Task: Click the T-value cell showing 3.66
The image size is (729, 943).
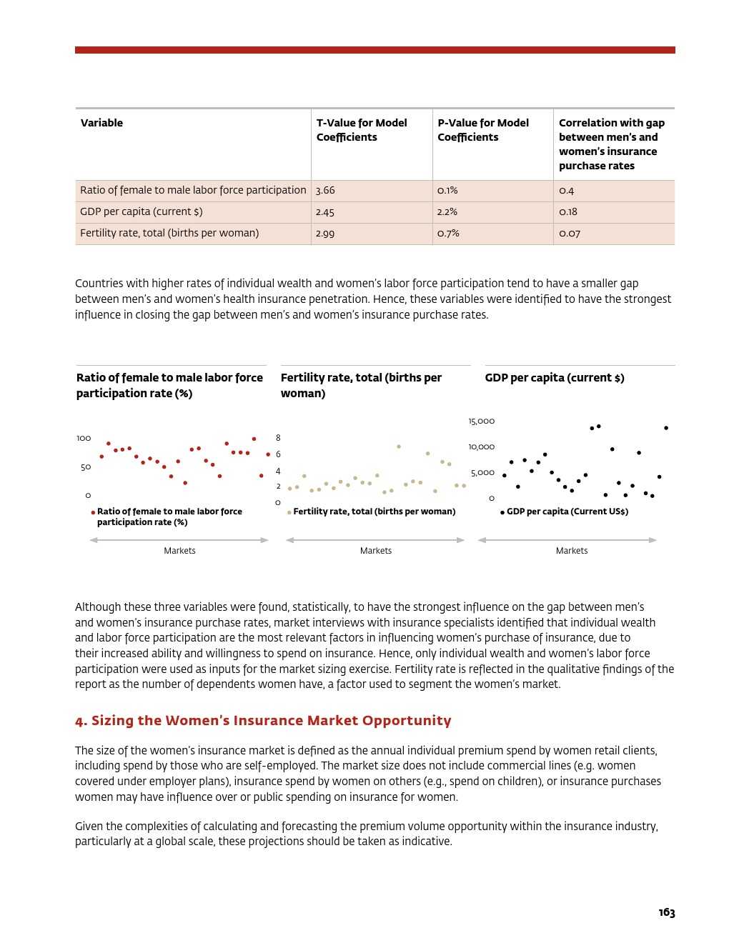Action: click(325, 191)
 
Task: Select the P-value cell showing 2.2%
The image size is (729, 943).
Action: click(447, 212)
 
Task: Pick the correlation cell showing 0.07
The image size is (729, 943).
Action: click(570, 234)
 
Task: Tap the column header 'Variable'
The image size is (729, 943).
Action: click(101, 123)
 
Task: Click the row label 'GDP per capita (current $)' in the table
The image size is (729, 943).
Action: click(142, 211)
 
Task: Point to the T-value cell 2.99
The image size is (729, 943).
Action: click(325, 234)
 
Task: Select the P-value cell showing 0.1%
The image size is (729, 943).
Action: click(447, 191)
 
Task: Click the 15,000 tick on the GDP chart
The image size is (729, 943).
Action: click(482, 421)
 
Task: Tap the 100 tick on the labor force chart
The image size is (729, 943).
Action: click(84, 438)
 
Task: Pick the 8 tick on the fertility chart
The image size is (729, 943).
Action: click(278, 438)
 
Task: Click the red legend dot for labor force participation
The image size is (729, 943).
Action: click(93, 512)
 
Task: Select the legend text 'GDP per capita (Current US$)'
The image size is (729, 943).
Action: click(567, 512)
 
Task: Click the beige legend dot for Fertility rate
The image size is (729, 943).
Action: click(289, 512)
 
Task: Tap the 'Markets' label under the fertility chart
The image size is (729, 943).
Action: click(376, 551)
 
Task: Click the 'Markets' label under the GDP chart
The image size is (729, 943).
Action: click(572, 551)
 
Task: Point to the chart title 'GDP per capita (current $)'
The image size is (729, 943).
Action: click(555, 378)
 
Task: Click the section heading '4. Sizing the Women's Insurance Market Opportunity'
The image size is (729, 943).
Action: click(263, 720)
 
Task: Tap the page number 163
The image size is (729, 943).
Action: click(666, 912)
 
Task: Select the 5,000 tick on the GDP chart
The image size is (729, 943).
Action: click(482, 473)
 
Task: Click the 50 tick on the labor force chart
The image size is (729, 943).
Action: click(86, 467)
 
